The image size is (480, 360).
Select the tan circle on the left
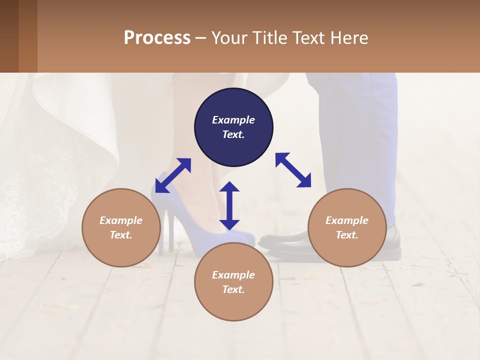(x=121, y=227)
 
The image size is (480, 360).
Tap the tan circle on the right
(x=347, y=227)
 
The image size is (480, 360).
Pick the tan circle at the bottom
(x=233, y=282)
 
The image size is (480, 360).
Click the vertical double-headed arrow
(x=229, y=205)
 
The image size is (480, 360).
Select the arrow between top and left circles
(x=173, y=175)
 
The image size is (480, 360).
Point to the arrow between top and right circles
(x=293, y=170)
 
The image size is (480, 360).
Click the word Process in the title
(x=157, y=37)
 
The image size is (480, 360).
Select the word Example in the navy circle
(x=233, y=120)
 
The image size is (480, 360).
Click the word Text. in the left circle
(x=121, y=235)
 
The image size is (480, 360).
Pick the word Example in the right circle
(x=347, y=220)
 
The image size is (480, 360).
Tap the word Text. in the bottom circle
(x=233, y=289)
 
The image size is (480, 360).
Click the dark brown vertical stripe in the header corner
(x=9, y=36)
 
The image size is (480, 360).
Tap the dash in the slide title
(x=200, y=37)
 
